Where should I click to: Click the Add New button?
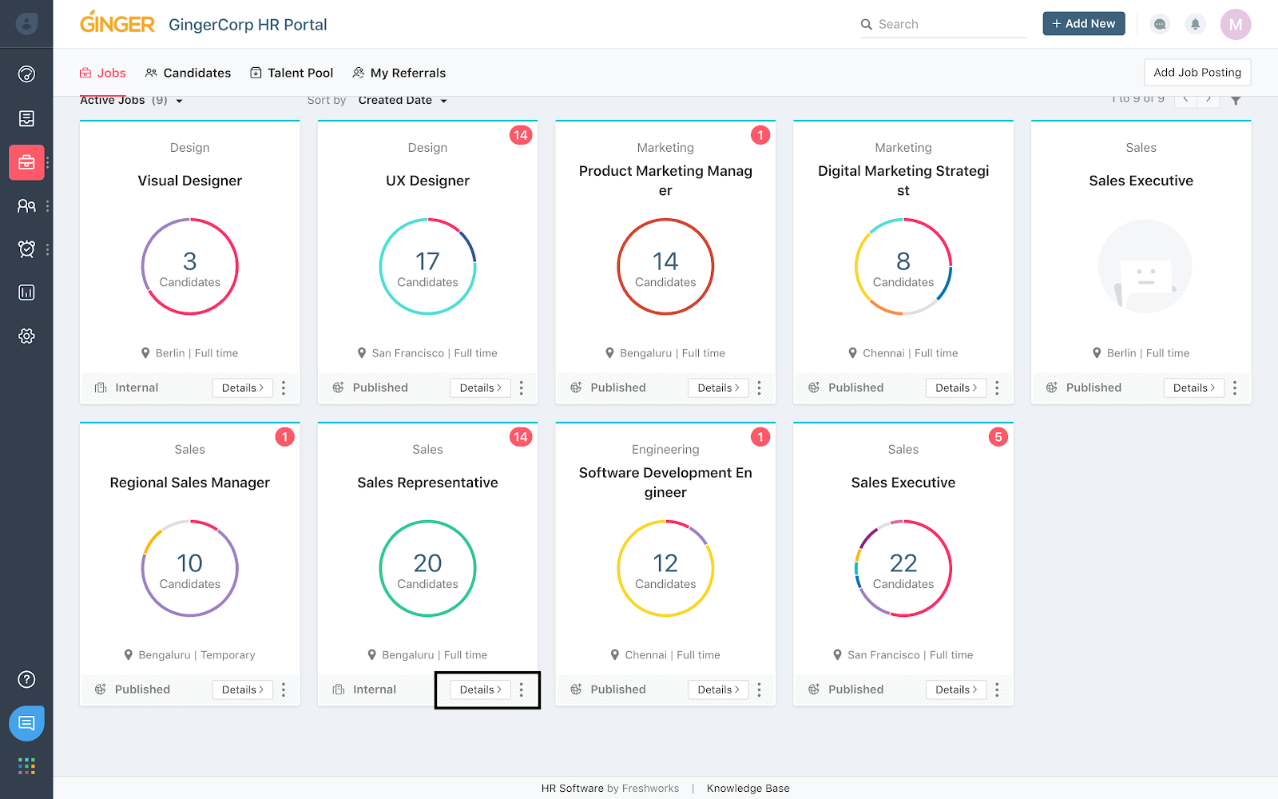1083,24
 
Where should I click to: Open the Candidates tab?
189,73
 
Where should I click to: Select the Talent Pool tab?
292,73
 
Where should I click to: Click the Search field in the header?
943,25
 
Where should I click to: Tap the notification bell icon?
1195,24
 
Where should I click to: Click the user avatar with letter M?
1235,24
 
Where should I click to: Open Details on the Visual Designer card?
242,388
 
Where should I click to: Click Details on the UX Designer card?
480,388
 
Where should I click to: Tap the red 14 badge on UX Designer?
521,135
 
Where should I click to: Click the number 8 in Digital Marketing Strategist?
903,261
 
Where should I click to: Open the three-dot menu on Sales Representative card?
522,690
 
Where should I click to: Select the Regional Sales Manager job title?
190,483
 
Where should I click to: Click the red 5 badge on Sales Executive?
998,437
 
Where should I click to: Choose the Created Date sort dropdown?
403,101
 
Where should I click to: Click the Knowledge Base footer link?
748,789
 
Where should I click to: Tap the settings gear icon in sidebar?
26,336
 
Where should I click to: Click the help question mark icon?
26,679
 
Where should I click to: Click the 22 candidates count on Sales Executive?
903,563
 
